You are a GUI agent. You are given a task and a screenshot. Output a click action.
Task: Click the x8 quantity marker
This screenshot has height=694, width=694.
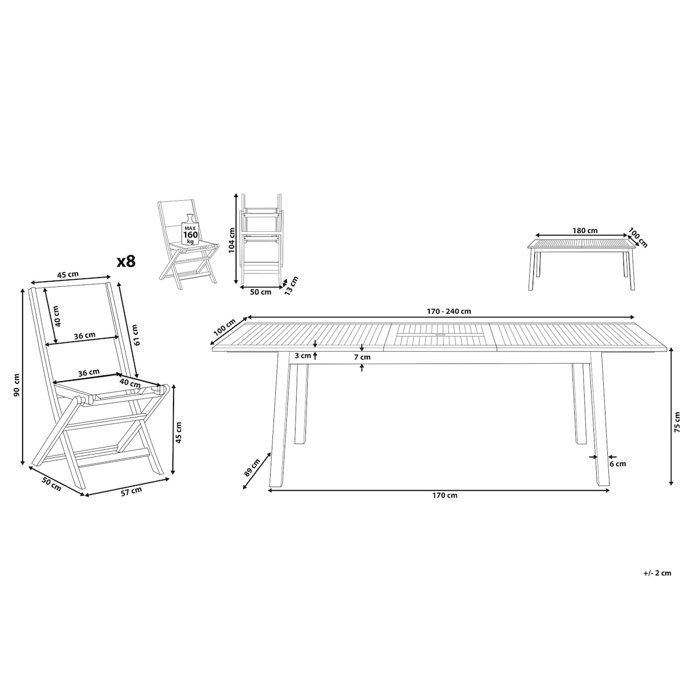(x=127, y=261)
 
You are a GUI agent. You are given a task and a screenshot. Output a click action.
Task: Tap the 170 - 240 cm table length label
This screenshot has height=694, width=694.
(x=449, y=311)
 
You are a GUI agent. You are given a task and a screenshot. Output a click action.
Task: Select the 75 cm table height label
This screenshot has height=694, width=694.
(x=677, y=422)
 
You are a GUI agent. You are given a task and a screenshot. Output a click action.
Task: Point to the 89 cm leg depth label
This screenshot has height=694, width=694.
(x=252, y=468)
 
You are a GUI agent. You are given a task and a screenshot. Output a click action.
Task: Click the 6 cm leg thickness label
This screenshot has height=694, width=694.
(x=618, y=464)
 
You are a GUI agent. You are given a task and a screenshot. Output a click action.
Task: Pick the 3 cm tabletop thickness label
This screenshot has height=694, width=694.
(x=302, y=356)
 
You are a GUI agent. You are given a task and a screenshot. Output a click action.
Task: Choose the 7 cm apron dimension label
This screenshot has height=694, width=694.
(x=362, y=357)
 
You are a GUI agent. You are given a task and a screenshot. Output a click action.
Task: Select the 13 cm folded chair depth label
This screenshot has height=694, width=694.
(x=291, y=286)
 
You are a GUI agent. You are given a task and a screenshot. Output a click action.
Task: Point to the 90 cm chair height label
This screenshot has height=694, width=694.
(x=17, y=385)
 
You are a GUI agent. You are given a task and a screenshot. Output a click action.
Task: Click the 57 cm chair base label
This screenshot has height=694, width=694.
(x=131, y=491)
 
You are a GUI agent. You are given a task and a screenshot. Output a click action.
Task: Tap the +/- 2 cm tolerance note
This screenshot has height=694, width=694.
(x=657, y=583)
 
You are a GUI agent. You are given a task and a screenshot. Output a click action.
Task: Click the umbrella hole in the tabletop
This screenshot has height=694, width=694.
(x=440, y=335)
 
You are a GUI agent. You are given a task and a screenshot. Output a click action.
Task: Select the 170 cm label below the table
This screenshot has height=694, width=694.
(x=445, y=495)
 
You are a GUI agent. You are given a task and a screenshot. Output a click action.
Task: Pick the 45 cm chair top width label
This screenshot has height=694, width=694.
(x=68, y=275)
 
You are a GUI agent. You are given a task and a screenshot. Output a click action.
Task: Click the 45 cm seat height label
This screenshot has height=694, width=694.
(x=178, y=432)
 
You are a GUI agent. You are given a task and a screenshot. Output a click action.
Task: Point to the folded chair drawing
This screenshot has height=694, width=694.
(x=262, y=239)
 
